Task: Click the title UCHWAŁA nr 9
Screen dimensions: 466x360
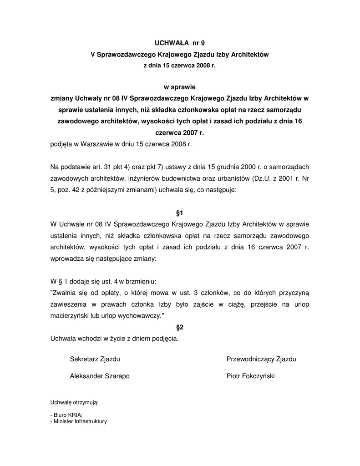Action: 180,44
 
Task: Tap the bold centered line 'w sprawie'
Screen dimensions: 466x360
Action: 180,86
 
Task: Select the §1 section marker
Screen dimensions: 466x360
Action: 180,213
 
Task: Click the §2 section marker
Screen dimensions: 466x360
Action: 180,327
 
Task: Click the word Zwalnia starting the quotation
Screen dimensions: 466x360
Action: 65,293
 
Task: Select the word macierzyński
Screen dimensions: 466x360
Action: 69,315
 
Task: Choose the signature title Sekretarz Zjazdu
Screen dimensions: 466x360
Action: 95,359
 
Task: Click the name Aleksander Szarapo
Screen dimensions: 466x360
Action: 100,376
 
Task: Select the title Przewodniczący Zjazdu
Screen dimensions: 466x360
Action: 261,359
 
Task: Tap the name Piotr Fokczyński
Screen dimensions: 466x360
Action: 251,376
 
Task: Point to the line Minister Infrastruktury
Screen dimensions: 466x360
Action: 79,421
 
